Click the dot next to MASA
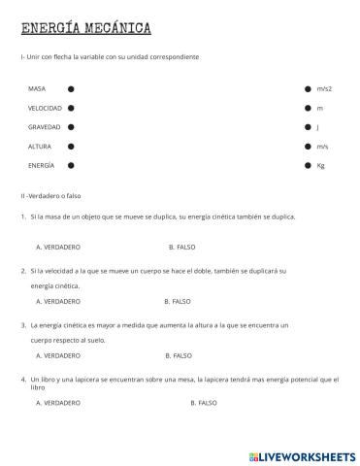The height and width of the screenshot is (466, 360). (71, 88)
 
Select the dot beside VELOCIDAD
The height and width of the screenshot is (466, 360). (71, 108)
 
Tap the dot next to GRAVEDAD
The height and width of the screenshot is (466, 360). (71, 127)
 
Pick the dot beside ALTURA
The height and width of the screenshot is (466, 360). (71, 147)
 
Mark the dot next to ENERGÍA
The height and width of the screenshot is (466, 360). (71, 166)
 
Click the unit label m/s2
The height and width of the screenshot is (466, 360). (324, 88)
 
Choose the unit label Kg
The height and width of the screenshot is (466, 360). (321, 166)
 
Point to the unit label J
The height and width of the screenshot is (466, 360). (318, 127)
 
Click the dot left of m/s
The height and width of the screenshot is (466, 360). (308, 147)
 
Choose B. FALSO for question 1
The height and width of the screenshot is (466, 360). (181, 247)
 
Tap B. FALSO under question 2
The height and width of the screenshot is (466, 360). (179, 301)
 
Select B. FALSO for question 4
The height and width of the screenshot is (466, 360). (203, 402)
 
